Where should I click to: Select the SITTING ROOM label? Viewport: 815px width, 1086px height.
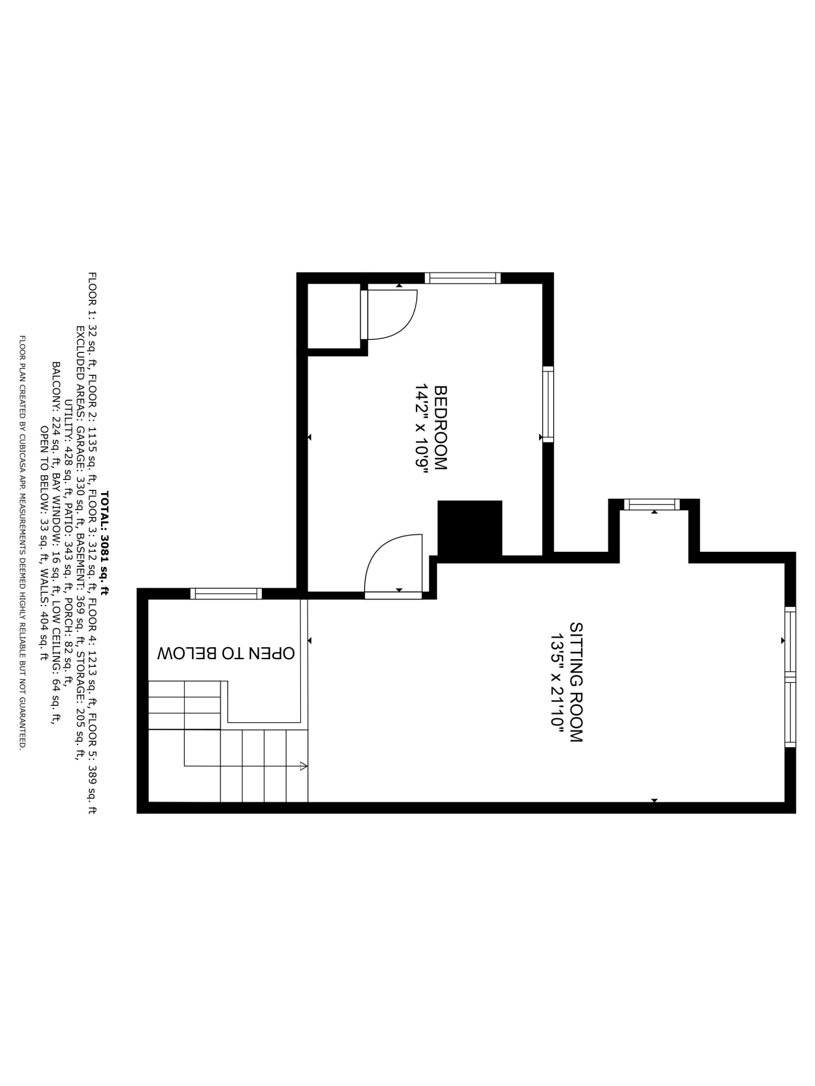pos(576,682)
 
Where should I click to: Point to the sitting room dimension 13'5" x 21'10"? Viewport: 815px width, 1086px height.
pos(557,683)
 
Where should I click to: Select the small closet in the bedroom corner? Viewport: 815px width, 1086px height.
pos(334,316)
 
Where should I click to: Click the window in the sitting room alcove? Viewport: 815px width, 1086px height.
pos(651,504)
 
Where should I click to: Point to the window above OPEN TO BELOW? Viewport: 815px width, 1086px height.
pos(226,594)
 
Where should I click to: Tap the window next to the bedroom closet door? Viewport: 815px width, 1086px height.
pos(462,278)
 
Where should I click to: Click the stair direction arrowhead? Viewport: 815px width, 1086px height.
pos(303,766)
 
